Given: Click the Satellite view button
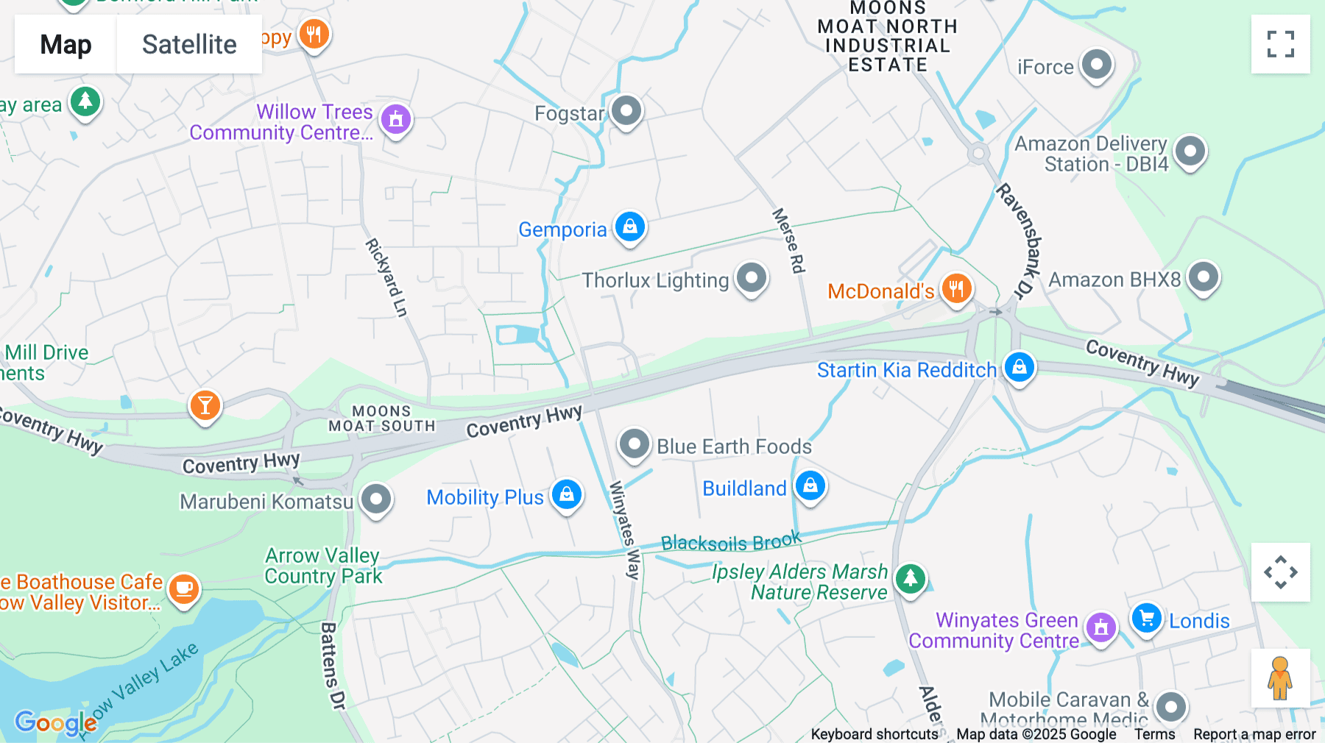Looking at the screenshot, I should [189, 45].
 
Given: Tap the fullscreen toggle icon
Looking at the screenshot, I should [1280, 44].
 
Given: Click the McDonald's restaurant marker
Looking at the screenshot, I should [956, 288].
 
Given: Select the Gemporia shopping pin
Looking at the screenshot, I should [630, 227].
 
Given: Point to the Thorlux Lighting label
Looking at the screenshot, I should [655, 281].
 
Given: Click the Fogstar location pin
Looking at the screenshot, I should [626, 112].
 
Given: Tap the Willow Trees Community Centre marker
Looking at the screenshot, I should [396, 118].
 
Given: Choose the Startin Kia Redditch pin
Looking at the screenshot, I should [1020, 366].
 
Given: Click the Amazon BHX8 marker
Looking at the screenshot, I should [1204, 278].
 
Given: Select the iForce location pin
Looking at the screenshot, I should [1097, 65].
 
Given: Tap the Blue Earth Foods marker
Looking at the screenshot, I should [634, 444].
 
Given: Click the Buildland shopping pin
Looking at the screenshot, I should [810, 486].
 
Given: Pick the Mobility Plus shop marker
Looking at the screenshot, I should [567, 494].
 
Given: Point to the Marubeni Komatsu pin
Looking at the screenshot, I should [376, 500].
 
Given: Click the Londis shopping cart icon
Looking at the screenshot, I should [1146, 618].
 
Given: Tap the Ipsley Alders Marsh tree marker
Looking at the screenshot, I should [911, 578].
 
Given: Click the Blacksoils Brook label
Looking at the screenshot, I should [730, 542].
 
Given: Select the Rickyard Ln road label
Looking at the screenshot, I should [386, 277].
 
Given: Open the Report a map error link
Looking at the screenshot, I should [1254, 734].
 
